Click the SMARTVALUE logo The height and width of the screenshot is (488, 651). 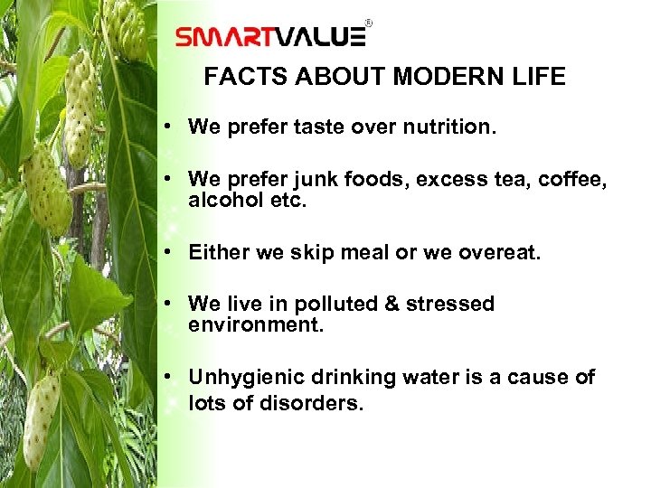(270, 36)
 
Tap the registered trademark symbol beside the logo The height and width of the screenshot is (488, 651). (368, 23)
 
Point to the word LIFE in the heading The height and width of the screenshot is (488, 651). (538, 78)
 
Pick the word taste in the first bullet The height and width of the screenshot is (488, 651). (326, 127)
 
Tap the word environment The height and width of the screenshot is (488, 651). (255, 324)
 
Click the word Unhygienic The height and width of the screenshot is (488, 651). (244, 377)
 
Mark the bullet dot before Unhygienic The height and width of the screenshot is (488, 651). (172, 377)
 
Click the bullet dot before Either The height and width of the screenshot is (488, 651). (172, 253)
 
